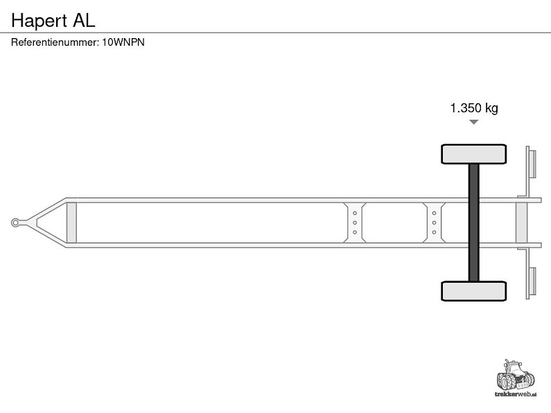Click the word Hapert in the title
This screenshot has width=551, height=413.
pyautogui.click(x=39, y=21)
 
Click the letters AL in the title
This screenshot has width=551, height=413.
pyautogui.click(x=84, y=20)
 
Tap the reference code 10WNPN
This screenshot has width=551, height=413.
pyautogui.click(x=123, y=42)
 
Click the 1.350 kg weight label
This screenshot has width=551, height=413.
pyautogui.click(x=474, y=108)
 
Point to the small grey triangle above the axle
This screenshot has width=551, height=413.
pyautogui.click(x=473, y=122)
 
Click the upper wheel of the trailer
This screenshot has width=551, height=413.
pyautogui.click(x=473, y=154)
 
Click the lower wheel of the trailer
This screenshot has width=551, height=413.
pyautogui.click(x=473, y=291)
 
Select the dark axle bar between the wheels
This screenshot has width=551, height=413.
pyautogui.click(x=473, y=222)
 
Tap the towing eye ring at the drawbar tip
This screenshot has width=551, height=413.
pyautogui.click(x=15, y=222)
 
